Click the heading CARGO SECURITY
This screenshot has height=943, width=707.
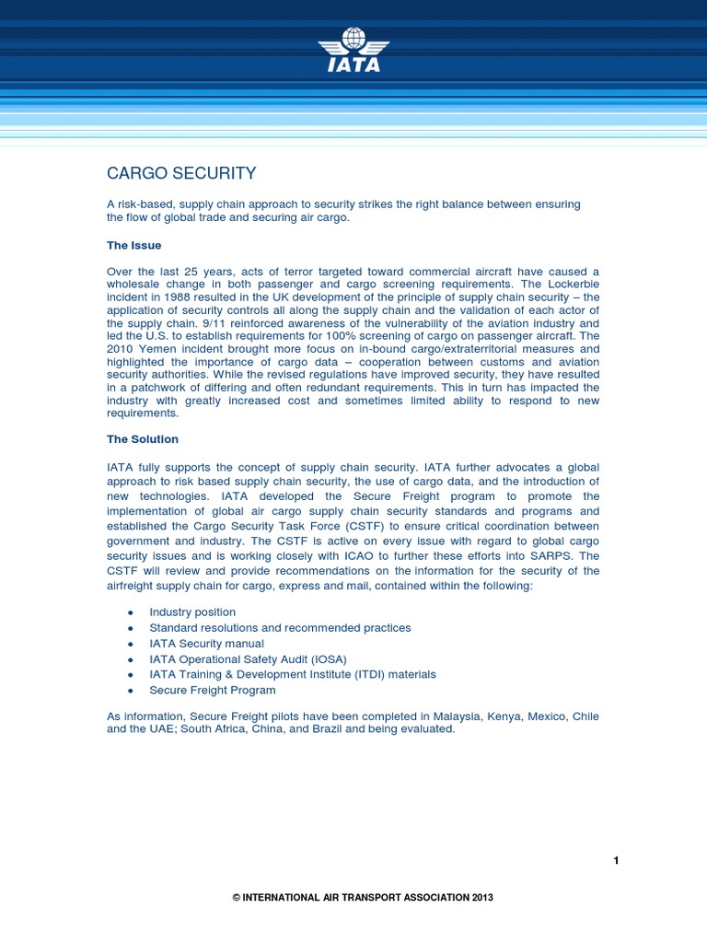pos(181,173)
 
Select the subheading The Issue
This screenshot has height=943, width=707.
pos(134,246)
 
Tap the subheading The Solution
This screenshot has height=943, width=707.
pos(143,439)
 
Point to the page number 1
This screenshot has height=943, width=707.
pos(616,861)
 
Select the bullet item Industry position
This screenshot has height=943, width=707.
pos(192,612)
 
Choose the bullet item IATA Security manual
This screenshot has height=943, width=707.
pos(206,644)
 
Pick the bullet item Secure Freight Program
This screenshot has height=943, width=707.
pos(213,691)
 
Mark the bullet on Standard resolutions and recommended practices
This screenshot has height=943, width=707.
pos(280,628)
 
